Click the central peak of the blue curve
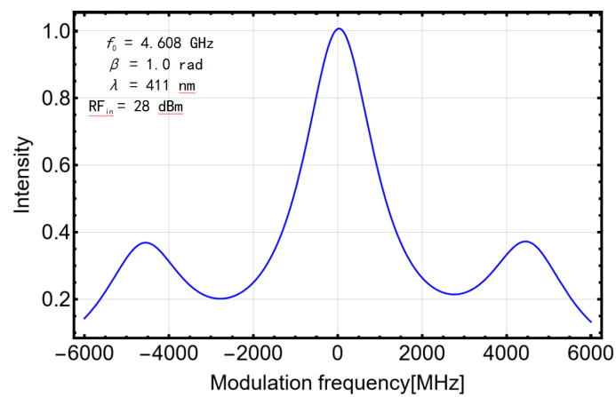tap(339, 29)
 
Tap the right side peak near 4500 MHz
tap(527, 242)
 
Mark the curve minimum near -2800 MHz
tap(220, 298)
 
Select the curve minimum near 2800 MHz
tap(455, 294)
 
